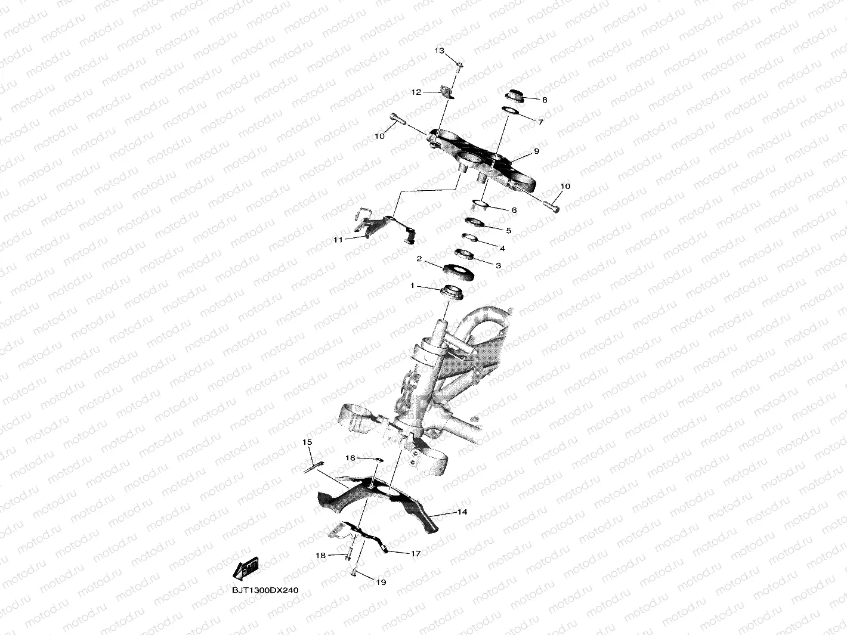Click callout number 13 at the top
pyautogui.click(x=439, y=51)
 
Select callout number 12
pyautogui.click(x=416, y=92)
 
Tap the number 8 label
pyautogui.click(x=544, y=100)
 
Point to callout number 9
pyautogui.click(x=536, y=151)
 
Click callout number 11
pyautogui.click(x=338, y=240)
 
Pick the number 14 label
pyautogui.click(x=462, y=512)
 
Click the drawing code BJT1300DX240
pyautogui.click(x=265, y=590)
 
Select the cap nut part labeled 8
pyautogui.click(x=515, y=95)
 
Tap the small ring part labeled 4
pyautogui.click(x=471, y=240)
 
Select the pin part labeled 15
pyautogui.click(x=314, y=466)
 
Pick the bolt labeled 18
pyautogui.click(x=348, y=555)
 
